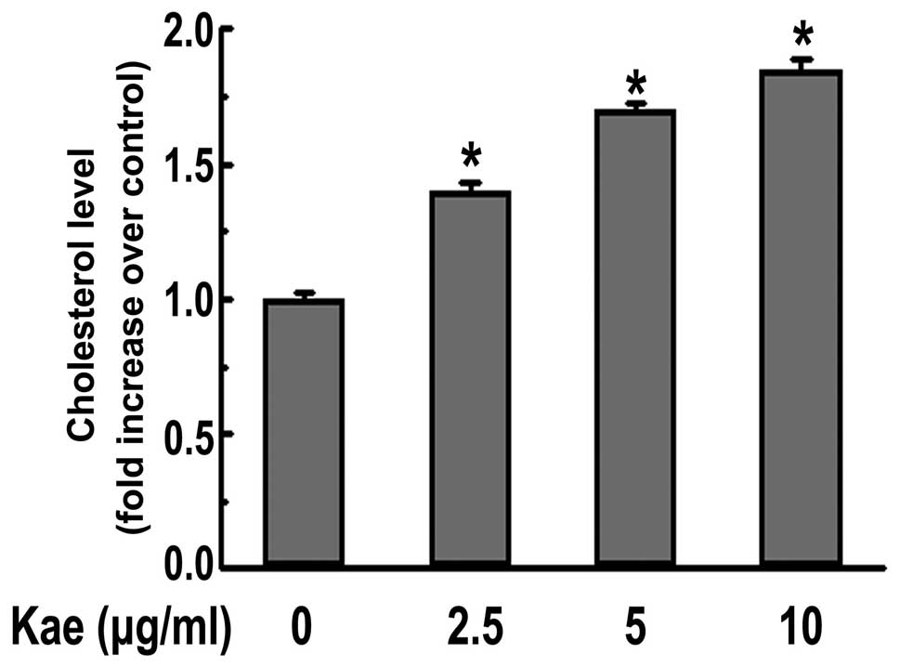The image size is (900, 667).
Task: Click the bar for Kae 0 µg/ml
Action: [303, 432]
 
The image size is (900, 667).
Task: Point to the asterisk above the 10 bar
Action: [802, 37]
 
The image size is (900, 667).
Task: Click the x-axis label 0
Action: [300, 630]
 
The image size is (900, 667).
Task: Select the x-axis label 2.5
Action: [470, 630]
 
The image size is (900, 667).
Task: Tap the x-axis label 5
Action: [636, 630]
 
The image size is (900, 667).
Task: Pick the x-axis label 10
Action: [801, 630]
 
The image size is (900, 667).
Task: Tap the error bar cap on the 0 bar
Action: [303, 293]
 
